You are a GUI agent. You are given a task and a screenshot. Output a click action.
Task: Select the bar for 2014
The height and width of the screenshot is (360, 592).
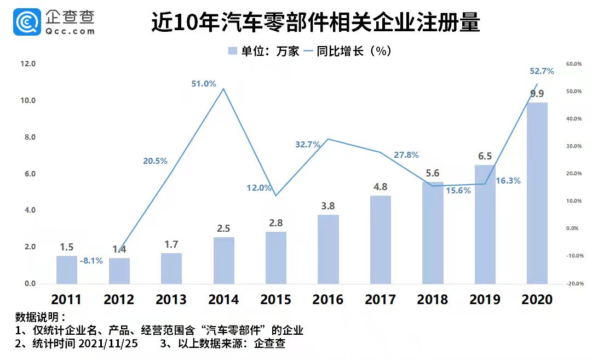223,260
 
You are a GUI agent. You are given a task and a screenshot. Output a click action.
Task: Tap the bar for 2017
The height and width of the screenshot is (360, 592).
381,239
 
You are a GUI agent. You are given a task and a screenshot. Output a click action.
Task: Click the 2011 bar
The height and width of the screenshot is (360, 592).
67,270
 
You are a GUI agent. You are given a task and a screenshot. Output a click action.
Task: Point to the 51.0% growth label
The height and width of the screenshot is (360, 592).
204,84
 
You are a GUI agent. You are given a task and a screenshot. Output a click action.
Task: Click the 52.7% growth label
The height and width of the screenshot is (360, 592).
542,71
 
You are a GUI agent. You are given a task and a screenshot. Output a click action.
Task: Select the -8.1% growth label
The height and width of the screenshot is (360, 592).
91,261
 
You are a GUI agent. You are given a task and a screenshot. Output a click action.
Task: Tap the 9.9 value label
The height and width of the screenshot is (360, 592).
537,94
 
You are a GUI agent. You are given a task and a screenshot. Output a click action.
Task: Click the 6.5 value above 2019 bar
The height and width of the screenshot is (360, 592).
485,156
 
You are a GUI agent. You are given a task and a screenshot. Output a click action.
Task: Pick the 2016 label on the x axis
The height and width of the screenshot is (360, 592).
327,299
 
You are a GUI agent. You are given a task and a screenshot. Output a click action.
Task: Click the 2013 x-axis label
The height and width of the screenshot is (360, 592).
171,299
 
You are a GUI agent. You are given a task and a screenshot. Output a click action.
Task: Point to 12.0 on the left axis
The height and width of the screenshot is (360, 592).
27,64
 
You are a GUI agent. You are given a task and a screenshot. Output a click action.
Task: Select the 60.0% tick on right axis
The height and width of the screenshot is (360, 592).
573,64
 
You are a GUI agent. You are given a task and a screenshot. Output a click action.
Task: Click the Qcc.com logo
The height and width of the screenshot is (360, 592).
55,22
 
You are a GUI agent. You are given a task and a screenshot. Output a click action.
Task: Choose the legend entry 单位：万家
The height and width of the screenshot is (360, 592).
263,51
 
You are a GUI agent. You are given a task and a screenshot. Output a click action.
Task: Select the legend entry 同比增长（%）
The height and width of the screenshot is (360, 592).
348,51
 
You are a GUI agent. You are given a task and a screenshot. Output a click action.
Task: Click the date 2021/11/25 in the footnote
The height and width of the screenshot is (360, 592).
108,344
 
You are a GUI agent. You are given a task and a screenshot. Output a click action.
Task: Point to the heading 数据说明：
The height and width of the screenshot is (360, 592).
40,318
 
